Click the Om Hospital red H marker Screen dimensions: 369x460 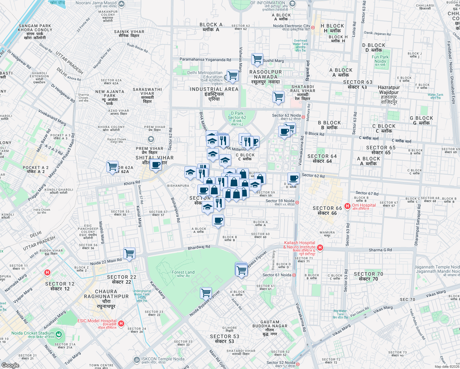pyautogui.click(x=347, y=206)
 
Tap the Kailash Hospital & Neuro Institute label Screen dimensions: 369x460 pyautogui.click(x=299, y=245)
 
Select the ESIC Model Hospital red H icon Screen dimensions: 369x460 pyautogui.click(x=121, y=323)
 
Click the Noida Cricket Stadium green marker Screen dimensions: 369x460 pyautogui.click(x=58, y=334)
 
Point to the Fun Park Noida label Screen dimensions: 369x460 pyautogui.click(x=380, y=59)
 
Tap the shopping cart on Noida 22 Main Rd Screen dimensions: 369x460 pyautogui.click(x=129, y=253)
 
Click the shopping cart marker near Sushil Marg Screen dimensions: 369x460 pyautogui.click(x=257, y=59)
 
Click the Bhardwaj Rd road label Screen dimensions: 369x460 pyautogui.click(x=199, y=247)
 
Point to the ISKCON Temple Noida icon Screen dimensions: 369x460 pyautogui.click(x=137, y=359)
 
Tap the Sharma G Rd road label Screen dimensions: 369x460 pyautogui.click(x=380, y=250)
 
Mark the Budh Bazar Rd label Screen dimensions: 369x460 pyautogui.click(x=137, y=48)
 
